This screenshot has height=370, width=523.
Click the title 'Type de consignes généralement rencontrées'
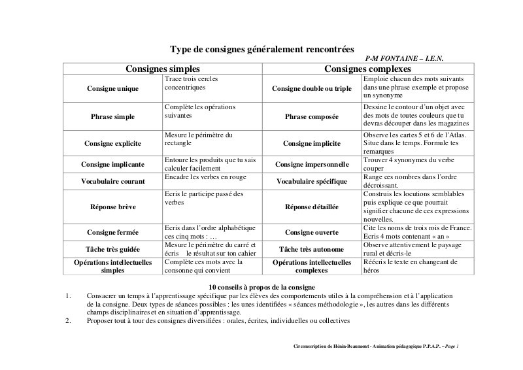click(261, 49)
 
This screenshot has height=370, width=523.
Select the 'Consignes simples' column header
click(163, 69)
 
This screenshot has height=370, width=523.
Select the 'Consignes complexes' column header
click(367, 69)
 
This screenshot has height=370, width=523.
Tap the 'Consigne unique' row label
click(112, 88)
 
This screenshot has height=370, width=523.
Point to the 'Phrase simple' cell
click(112, 116)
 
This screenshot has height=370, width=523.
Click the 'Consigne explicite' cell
click(112, 143)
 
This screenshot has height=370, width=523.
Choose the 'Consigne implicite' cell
click(311, 143)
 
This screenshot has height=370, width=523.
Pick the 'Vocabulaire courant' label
click(112, 181)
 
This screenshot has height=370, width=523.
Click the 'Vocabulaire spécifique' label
click(311, 181)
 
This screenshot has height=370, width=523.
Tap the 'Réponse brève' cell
click(112, 207)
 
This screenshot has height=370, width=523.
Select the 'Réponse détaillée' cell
click(311, 207)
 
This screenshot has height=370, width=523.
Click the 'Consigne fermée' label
click(112, 232)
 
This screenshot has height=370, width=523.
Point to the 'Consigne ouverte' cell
click(311, 232)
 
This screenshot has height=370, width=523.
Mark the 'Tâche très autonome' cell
click(311, 249)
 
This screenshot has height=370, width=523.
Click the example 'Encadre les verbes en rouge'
click(205, 177)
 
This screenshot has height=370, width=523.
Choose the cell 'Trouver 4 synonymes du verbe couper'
click(407, 164)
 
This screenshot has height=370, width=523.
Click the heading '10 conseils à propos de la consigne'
click(261, 287)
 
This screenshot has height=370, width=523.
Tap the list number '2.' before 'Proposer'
click(68, 321)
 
